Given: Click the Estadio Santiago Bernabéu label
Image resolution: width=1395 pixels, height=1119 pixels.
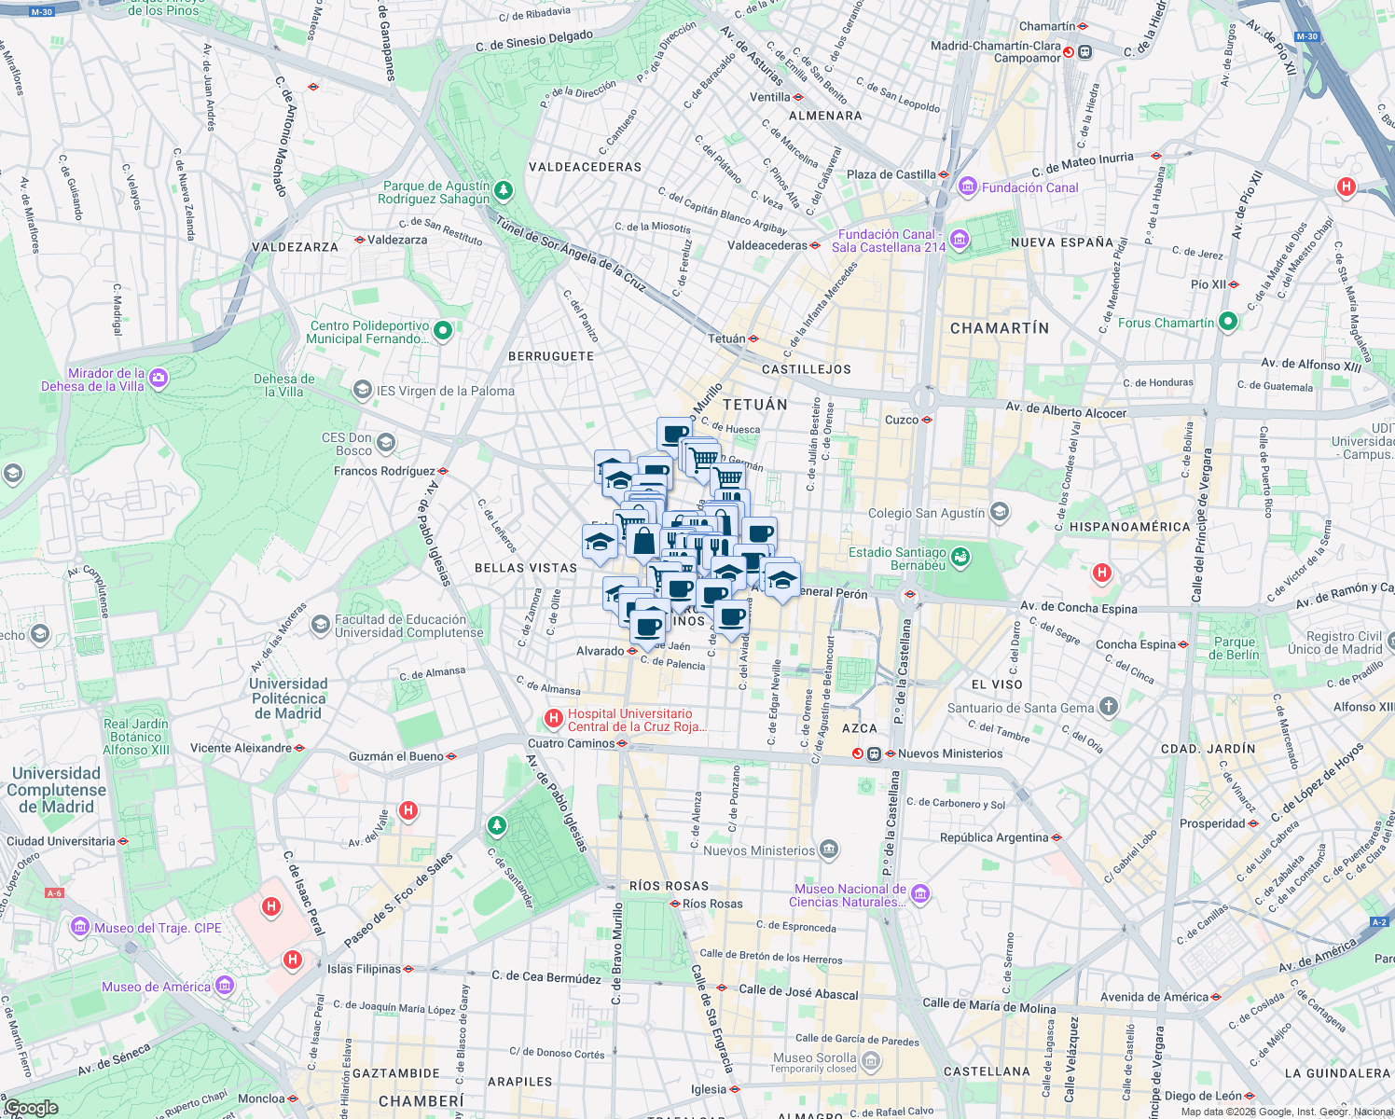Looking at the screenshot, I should [x=897, y=559].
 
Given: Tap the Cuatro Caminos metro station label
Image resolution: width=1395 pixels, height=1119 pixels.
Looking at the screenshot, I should [x=572, y=743].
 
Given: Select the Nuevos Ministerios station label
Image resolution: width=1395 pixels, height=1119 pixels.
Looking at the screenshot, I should [x=949, y=753].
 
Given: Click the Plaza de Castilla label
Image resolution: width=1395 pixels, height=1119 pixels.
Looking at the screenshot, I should [x=891, y=174].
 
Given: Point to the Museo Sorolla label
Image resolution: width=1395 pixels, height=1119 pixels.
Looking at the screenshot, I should [x=814, y=1057].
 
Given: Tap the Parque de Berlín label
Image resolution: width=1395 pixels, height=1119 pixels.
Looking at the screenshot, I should [x=1235, y=648].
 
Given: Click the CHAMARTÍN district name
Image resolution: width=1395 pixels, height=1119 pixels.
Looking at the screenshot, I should [x=999, y=328].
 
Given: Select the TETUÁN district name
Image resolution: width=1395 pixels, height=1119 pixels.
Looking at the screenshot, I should [x=754, y=405].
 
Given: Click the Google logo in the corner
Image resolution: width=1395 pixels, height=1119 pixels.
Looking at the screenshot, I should [x=31, y=1108].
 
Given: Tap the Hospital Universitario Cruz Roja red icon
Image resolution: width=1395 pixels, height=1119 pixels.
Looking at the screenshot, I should [x=554, y=719].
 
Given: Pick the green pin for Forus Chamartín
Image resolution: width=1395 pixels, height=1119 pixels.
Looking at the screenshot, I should [x=1228, y=322].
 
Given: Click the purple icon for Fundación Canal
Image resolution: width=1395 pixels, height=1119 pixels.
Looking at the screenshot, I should [x=967, y=187].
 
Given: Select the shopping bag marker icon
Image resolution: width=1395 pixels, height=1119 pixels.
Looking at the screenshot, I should [x=643, y=539].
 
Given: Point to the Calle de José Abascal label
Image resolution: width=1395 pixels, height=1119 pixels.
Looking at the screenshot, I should [x=797, y=992].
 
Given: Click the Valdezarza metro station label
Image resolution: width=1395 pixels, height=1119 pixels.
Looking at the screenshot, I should [x=396, y=240].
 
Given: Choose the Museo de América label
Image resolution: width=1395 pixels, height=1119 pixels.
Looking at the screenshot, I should [x=156, y=987].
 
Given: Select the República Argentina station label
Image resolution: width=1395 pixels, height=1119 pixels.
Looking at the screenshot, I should [x=993, y=837].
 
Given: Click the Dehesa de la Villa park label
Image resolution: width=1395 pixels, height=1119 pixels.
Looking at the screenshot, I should [x=283, y=385].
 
